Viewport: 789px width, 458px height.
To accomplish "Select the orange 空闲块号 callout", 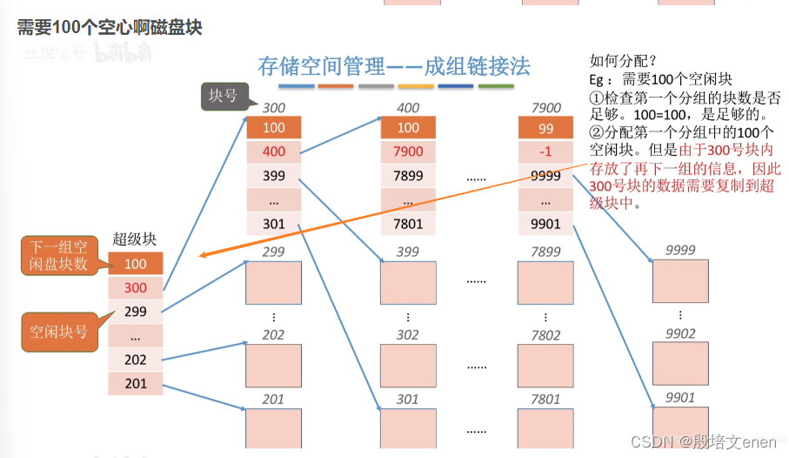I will [59, 332].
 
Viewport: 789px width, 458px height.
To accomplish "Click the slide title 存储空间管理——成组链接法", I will [394, 66].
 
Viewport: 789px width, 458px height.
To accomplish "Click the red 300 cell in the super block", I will [135, 287].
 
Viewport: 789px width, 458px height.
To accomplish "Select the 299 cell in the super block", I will [135, 311].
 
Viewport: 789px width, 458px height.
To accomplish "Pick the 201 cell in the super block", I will [135, 383].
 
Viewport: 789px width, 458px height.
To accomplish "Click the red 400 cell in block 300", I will [273, 152].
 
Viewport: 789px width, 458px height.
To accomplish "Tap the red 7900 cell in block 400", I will [407, 152].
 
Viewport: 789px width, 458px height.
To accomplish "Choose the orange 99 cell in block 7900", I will [545, 128].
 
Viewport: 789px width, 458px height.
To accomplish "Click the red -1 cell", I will [545, 152].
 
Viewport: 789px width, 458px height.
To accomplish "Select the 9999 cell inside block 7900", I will [545, 176].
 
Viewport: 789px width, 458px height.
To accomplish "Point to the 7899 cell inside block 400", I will [407, 176].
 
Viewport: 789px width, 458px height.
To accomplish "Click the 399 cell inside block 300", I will [273, 176].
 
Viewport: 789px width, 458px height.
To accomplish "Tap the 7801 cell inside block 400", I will [407, 224].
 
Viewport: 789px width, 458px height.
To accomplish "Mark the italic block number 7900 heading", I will [545, 108].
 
